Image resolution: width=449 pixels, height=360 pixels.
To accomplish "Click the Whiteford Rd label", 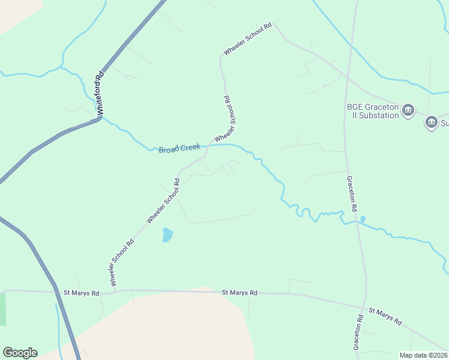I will tap(100, 94).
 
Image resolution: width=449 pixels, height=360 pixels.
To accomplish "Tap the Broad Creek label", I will tap(179, 148).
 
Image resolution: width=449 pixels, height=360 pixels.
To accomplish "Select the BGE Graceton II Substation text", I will tap(373, 111).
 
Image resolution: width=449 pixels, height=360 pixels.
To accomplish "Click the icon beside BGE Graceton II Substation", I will tap(408, 110).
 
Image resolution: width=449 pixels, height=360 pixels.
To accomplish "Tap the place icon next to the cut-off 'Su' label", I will tap(432, 123).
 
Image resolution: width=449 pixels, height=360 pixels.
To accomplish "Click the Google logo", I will tap(20, 353).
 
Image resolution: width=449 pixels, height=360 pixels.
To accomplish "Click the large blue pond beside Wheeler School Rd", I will tap(167, 235).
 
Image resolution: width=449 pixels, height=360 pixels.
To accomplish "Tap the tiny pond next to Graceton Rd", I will tap(363, 218).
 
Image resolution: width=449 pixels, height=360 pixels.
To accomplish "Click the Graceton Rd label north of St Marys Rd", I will tap(352, 193).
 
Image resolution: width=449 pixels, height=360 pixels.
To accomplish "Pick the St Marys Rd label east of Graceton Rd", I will tap(385, 316).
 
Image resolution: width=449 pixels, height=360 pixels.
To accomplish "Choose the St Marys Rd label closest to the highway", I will tap(81, 293).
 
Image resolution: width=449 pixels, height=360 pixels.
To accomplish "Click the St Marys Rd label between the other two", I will tap(240, 293).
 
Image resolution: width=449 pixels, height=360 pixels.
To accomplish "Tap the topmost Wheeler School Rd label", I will tap(247, 40).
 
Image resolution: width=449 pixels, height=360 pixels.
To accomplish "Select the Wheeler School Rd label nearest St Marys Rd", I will tap(122, 262).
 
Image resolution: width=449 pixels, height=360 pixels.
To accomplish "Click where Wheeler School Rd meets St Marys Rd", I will tap(112, 293).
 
